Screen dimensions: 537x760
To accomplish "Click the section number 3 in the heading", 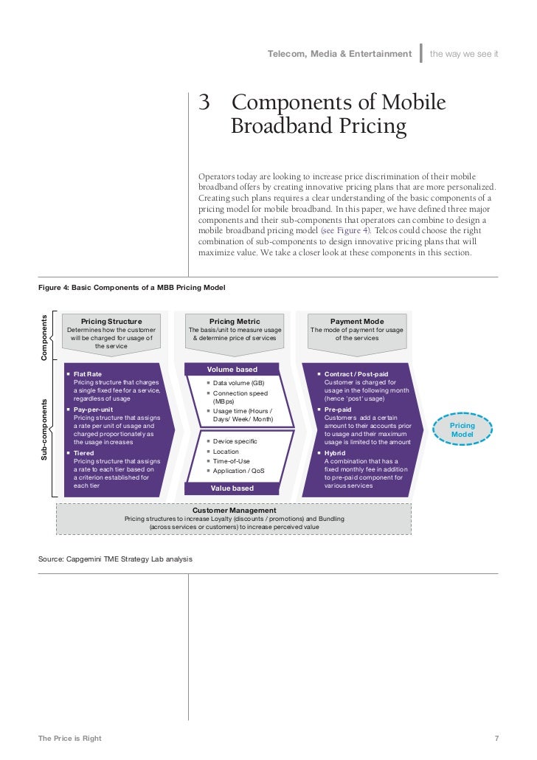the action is coord(205,103).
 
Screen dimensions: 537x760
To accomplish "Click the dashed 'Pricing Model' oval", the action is coord(462,430).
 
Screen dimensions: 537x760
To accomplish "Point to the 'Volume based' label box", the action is coord(232,369).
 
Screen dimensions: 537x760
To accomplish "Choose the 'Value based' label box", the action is coord(232,488).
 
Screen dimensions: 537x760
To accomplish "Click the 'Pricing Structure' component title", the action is coord(111,321).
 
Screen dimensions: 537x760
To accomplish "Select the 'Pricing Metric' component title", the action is coord(235,321).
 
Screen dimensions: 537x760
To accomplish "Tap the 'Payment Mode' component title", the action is coord(357,321).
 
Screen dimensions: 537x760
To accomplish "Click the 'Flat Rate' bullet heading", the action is coord(88,374).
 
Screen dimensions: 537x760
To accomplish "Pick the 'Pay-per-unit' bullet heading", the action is coord(94,409).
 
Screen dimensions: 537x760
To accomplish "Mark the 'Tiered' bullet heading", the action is coord(83,452).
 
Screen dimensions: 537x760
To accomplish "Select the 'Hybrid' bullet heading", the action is coord(336,452).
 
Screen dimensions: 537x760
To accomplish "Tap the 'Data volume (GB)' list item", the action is coord(238,383).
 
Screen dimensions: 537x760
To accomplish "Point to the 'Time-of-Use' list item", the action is coord(231,460).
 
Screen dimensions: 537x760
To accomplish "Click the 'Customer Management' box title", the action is coord(235,510).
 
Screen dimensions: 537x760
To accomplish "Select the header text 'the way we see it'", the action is coord(464,53).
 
